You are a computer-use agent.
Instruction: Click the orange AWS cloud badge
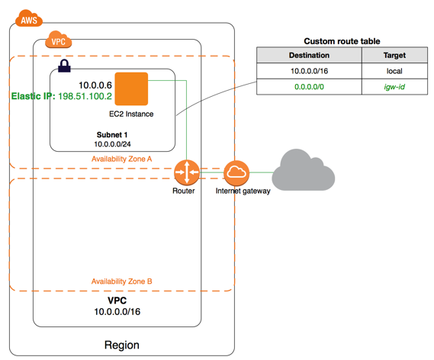[27, 19]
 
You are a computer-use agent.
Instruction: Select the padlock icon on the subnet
[64, 66]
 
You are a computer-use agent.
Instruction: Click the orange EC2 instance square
[131, 88]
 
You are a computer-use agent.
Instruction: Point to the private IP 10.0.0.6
[96, 85]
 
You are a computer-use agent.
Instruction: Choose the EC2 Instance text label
[131, 114]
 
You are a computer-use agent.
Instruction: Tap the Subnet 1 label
[112, 133]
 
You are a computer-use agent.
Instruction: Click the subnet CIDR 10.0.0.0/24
[111, 143]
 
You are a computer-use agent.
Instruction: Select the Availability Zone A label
[121, 159]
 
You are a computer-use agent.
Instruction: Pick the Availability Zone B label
[121, 281]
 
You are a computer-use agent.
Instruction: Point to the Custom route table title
[342, 40]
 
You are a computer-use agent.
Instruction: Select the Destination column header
[309, 56]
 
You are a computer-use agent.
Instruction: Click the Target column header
[394, 56]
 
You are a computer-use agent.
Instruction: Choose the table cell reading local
[394, 71]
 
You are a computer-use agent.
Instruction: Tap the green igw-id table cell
[394, 87]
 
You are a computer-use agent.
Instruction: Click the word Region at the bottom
[121, 346]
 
